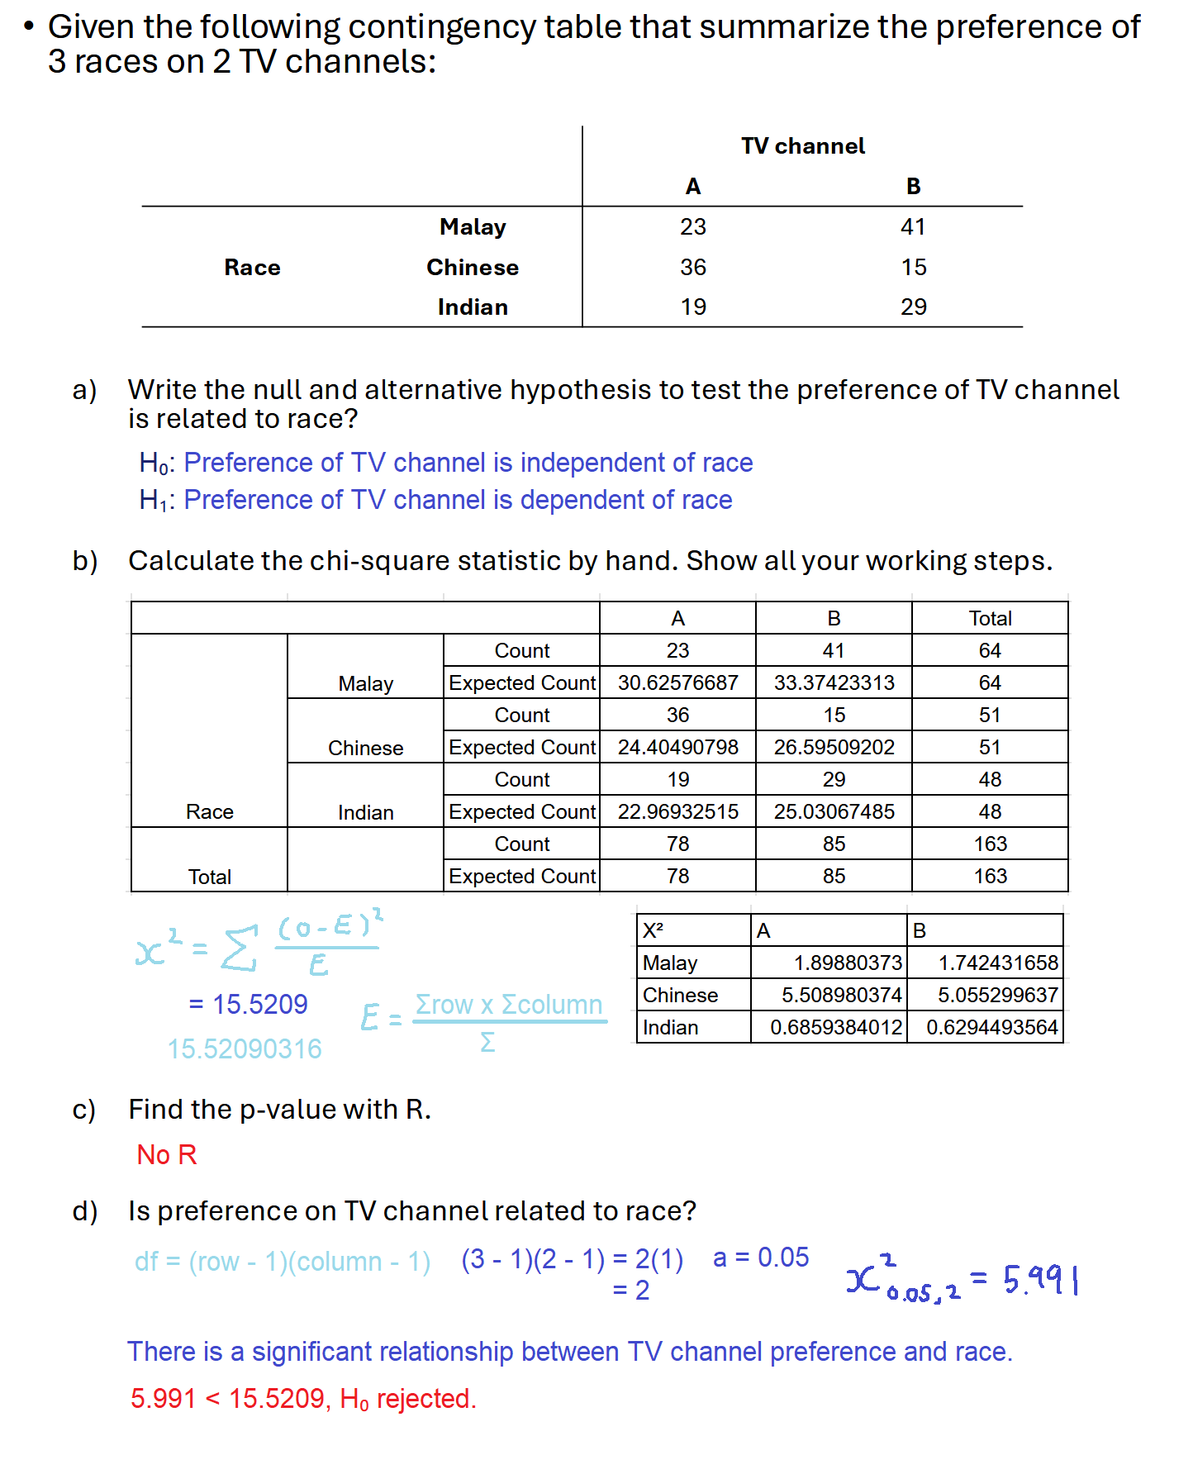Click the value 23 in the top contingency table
tap(692, 226)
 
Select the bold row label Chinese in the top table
tap(472, 267)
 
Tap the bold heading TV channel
tap(802, 146)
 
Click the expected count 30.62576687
tap(677, 682)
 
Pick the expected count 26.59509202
tap(834, 747)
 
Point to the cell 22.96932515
tap(677, 811)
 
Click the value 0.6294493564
tap(991, 1027)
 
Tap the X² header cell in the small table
tap(654, 930)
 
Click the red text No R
tap(167, 1154)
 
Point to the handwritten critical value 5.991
tap(1041, 1280)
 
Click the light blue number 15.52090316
tap(245, 1048)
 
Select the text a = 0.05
tap(761, 1258)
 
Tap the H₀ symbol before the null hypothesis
tap(154, 463)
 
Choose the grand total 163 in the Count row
tap(990, 844)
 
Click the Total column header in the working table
tap(990, 618)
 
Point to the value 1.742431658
tap(997, 963)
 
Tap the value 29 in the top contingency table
tap(913, 307)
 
